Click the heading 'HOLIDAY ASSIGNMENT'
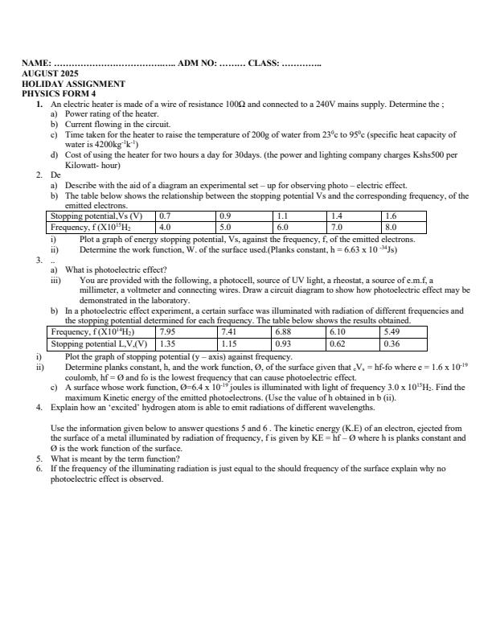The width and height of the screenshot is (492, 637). (73, 84)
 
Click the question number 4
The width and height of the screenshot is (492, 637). (39, 408)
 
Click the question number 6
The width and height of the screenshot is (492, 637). (39, 468)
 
